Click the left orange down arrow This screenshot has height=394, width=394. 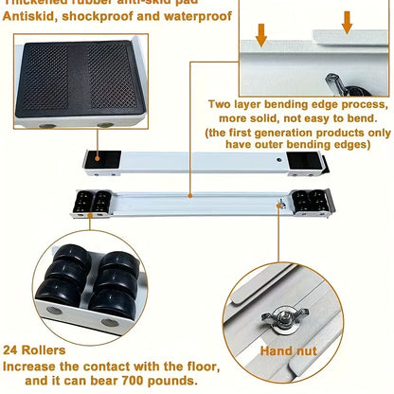click(x=262, y=31)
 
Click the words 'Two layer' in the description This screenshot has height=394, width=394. click(x=239, y=104)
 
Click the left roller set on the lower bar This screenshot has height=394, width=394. click(x=91, y=202)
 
